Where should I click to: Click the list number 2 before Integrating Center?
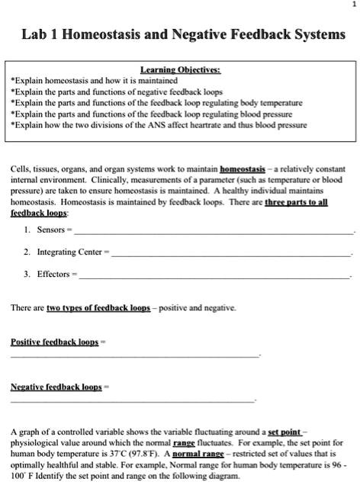coord(27,252)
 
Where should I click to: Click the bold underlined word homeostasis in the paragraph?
coord(242,168)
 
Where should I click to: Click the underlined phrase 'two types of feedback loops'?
coord(98,307)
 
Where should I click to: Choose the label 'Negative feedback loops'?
coord(56,387)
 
